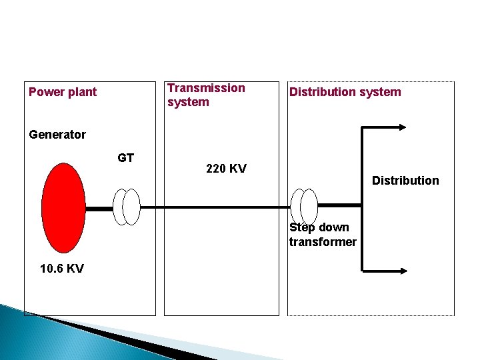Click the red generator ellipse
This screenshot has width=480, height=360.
pos(63,207)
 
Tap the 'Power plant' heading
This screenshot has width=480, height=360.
pos(63,92)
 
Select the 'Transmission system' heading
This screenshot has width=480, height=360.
pos(205,95)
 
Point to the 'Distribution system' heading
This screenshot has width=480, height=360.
pos(345,92)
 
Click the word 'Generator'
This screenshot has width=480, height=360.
pos(57,135)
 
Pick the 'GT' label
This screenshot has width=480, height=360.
pos(125,158)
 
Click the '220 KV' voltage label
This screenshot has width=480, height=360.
pos(226,169)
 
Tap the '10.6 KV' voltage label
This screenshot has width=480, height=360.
pos(62,269)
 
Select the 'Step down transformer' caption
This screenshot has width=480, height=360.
pos(323,235)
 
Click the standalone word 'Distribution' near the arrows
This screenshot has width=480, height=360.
pos(405,181)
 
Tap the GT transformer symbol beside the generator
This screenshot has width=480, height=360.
pos(127,207)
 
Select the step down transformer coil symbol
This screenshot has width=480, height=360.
pos(305,207)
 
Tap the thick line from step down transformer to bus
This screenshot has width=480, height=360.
pos(340,203)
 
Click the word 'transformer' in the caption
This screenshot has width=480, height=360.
pos(323,242)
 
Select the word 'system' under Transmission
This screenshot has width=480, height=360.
pos(188,102)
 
